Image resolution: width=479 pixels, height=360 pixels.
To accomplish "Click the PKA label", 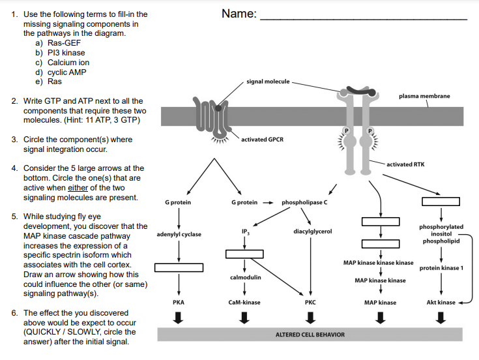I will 179,303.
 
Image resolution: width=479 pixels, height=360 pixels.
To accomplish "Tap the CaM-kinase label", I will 244,303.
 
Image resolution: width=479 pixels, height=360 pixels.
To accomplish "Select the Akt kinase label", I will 441,303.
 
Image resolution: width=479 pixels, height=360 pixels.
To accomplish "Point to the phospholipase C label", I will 304,203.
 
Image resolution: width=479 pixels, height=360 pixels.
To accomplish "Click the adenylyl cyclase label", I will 179,234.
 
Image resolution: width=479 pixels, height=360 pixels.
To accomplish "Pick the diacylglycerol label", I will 313,231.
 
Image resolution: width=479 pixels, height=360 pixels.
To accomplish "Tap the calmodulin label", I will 245,277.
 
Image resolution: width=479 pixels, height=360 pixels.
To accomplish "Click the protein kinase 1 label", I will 441,268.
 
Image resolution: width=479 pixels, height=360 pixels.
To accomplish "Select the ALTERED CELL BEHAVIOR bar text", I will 310,335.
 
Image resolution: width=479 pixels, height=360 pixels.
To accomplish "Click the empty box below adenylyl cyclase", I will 179,267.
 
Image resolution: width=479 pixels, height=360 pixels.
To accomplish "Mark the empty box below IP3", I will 244,254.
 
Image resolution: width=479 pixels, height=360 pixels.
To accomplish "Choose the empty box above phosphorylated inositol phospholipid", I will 441,201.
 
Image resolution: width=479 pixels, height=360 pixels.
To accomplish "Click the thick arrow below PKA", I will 179,318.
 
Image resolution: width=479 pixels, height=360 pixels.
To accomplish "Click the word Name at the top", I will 239,14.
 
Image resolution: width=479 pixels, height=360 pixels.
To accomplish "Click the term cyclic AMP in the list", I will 67,72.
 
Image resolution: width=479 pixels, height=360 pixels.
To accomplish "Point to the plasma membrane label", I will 424,96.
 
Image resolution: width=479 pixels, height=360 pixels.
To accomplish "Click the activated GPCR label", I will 262,140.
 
